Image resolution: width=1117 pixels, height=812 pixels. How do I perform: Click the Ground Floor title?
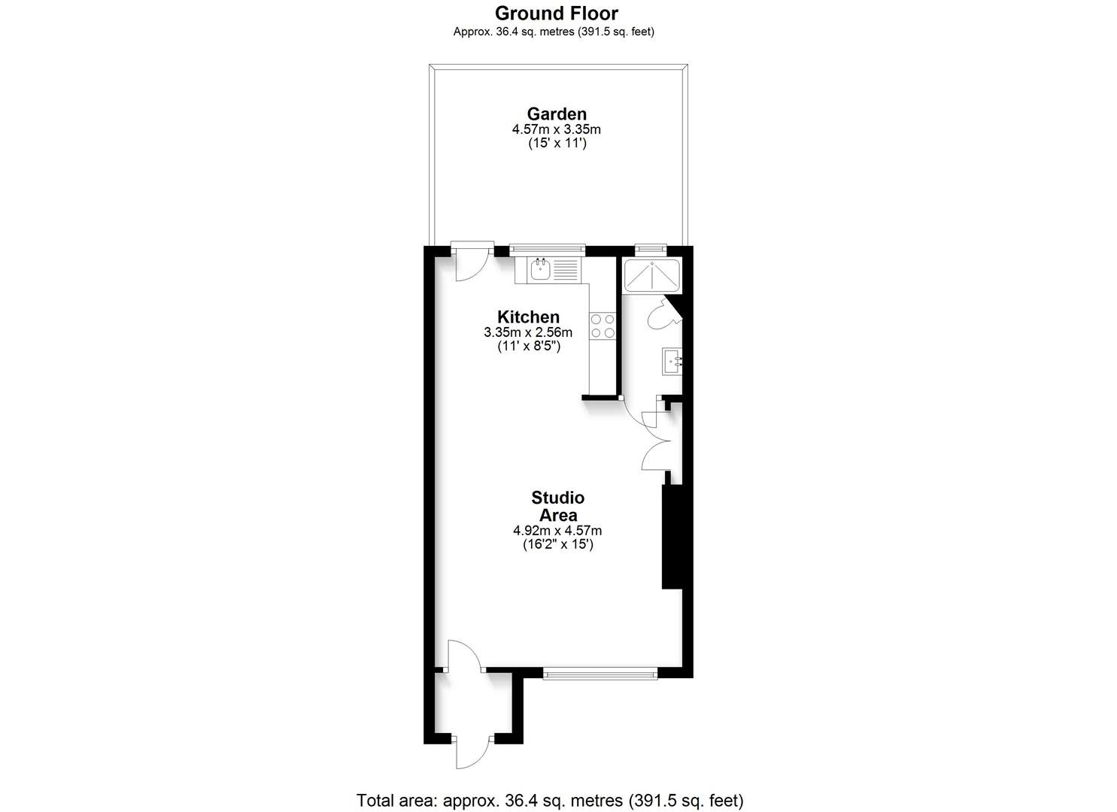(x=557, y=13)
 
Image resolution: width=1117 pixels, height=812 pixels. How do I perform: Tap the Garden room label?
(x=557, y=114)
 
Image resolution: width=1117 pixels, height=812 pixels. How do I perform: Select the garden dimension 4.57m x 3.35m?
(x=557, y=129)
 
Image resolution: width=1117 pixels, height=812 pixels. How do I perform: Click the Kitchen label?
(x=529, y=317)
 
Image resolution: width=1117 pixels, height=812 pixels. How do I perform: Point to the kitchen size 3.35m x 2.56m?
(x=528, y=332)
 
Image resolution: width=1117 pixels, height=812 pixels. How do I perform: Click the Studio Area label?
(x=558, y=506)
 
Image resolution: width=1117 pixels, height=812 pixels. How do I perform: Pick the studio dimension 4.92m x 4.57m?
(x=557, y=531)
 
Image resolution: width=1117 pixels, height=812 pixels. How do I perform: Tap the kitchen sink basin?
(x=541, y=270)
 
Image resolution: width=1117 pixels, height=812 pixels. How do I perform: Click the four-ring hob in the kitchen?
(x=603, y=326)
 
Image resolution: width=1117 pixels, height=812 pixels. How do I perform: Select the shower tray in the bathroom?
(x=651, y=274)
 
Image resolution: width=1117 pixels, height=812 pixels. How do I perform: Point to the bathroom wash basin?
(x=671, y=362)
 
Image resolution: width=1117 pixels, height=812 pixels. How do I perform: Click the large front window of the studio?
(x=600, y=674)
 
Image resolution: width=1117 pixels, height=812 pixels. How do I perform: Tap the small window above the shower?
(x=651, y=248)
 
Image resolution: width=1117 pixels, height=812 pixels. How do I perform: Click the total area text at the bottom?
(x=550, y=800)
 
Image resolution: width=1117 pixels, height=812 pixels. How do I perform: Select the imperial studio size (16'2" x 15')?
(x=558, y=544)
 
